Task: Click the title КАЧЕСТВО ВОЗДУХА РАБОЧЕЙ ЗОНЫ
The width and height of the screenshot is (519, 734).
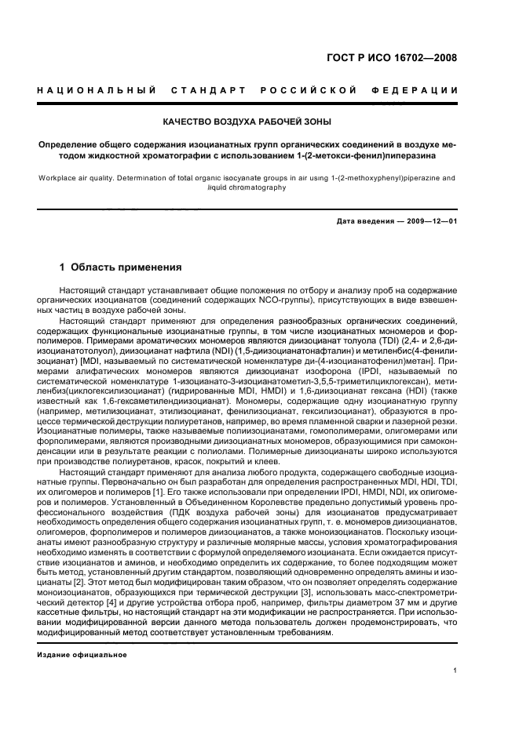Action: [247, 122]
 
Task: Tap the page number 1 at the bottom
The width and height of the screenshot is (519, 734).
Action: [455, 670]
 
